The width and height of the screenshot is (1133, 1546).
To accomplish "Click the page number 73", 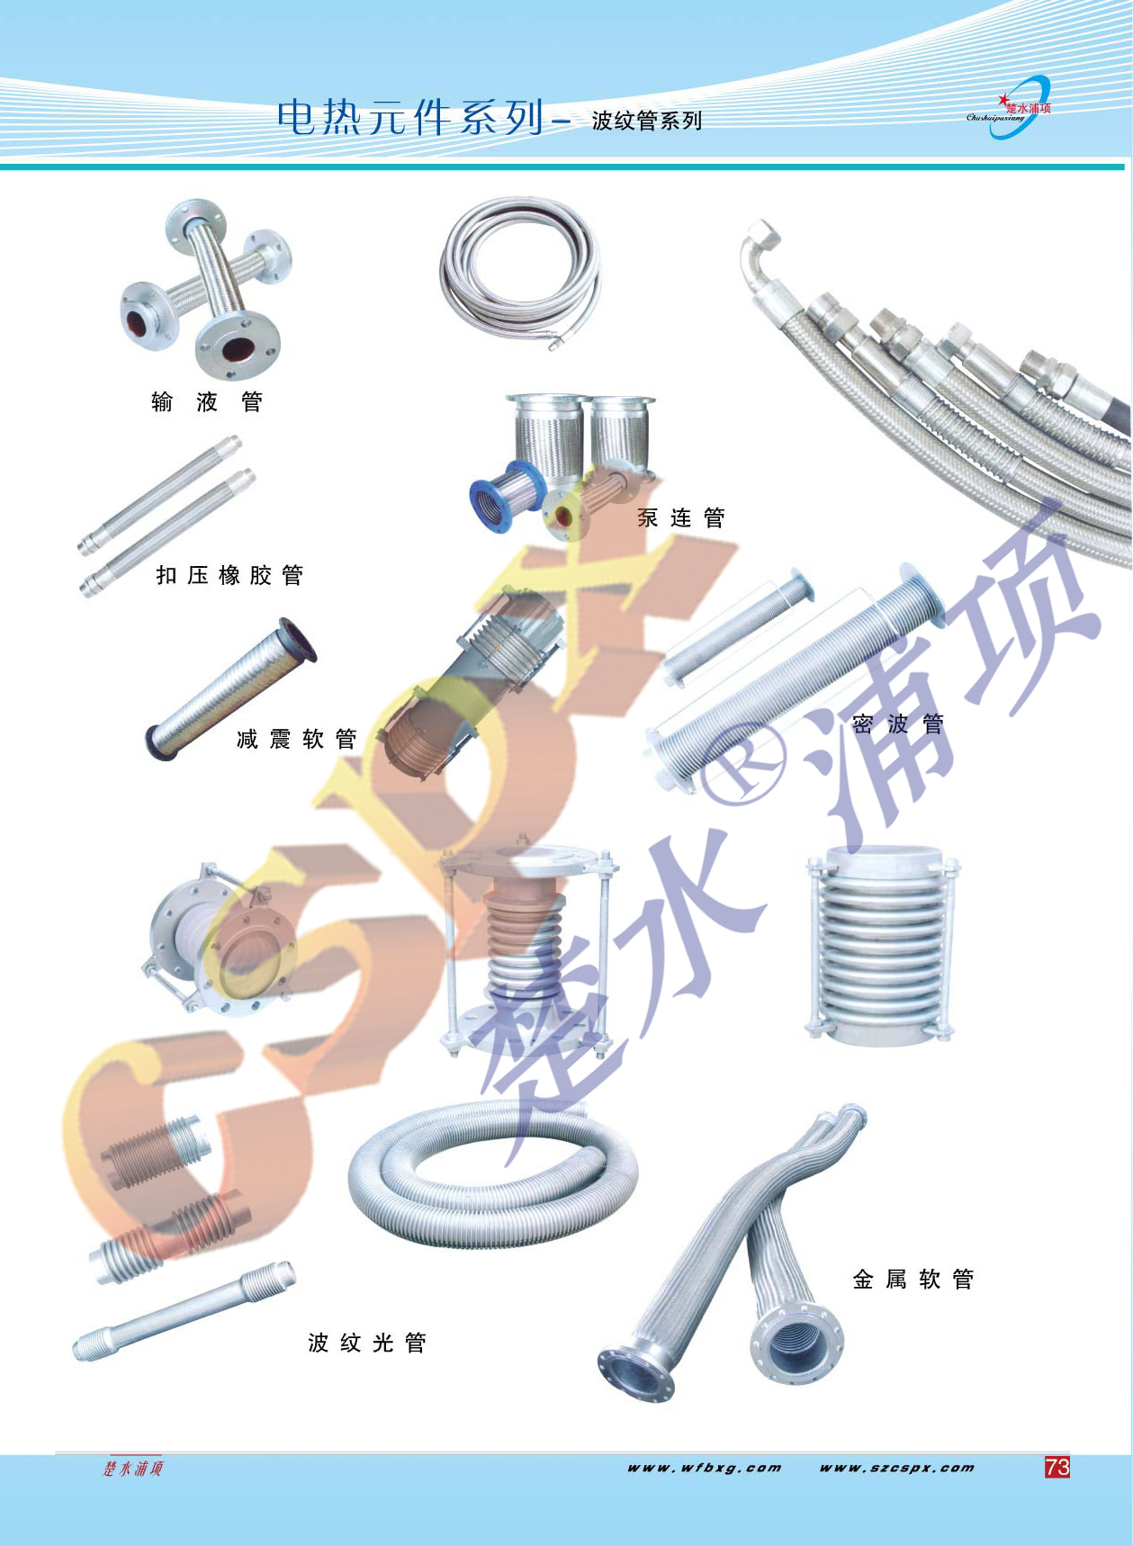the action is pyautogui.click(x=1057, y=1467).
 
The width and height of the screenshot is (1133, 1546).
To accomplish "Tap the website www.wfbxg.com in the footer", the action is pyautogui.click(x=705, y=1468).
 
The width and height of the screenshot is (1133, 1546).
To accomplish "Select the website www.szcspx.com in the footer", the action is pyautogui.click(x=896, y=1468).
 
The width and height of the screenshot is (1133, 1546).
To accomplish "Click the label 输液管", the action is pyautogui.click(x=207, y=401).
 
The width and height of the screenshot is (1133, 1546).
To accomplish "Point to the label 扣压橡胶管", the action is pyautogui.click(x=229, y=575).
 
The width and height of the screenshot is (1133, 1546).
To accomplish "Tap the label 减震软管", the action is pyautogui.click(x=297, y=740).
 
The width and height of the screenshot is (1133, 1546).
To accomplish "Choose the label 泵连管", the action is pyautogui.click(x=681, y=517).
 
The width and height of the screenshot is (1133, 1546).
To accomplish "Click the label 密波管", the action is pyautogui.click(x=898, y=724).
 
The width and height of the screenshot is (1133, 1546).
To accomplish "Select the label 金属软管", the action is pyautogui.click(x=913, y=1279).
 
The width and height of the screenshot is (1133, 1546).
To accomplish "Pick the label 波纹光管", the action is pyautogui.click(x=367, y=1343).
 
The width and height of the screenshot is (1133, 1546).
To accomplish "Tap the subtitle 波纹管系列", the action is pyautogui.click(x=646, y=121).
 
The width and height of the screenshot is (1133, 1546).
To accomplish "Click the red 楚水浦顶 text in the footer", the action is pyautogui.click(x=133, y=1469).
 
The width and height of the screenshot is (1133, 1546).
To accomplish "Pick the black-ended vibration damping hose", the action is pyautogui.click(x=231, y=688).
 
